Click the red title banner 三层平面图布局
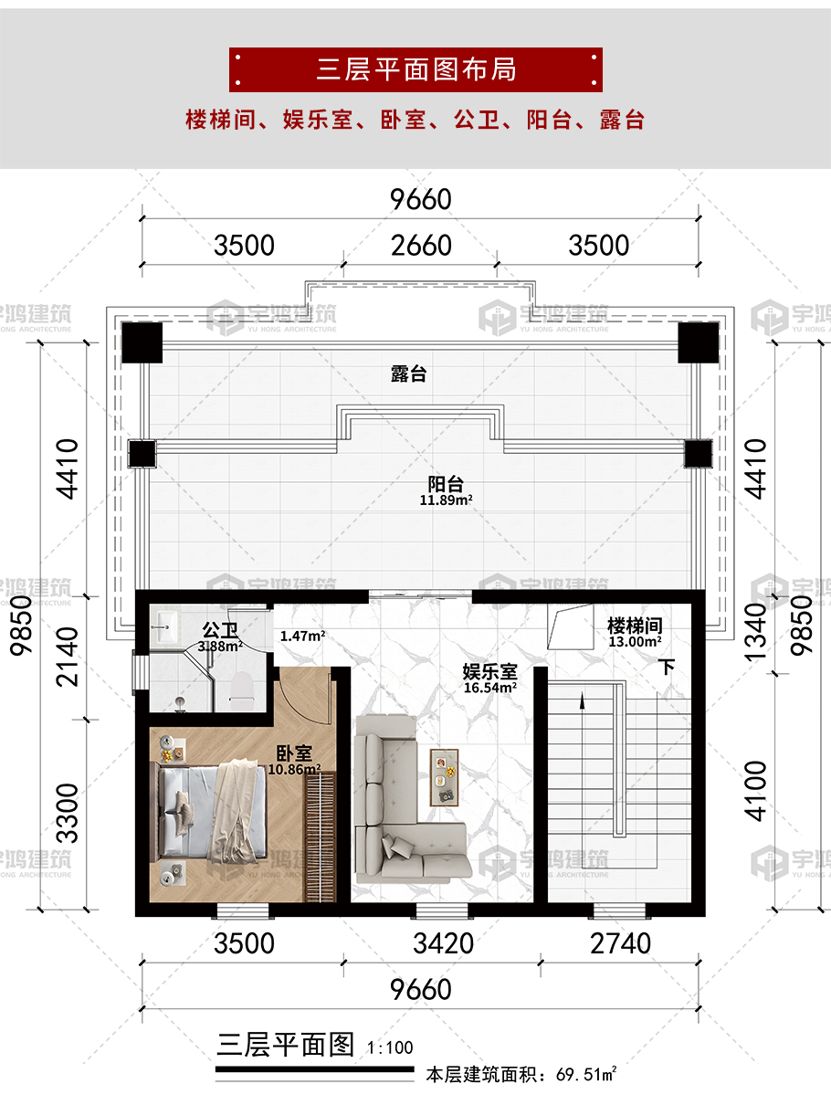pos(415,69)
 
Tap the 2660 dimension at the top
pos(421,246)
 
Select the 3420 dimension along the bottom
pos(443,943)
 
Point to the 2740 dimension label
pos(620,943)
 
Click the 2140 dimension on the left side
pos(68,657)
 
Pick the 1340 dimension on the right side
pos(755,632)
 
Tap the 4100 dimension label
pos(755,791)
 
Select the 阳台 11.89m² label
pos(446,490)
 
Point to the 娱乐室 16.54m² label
pos(489,679)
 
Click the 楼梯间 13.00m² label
pos(635,633)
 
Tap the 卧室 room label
pos(294,753)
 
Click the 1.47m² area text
pos(302,636)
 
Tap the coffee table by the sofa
pos(444,778)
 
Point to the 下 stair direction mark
pos(668,667)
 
